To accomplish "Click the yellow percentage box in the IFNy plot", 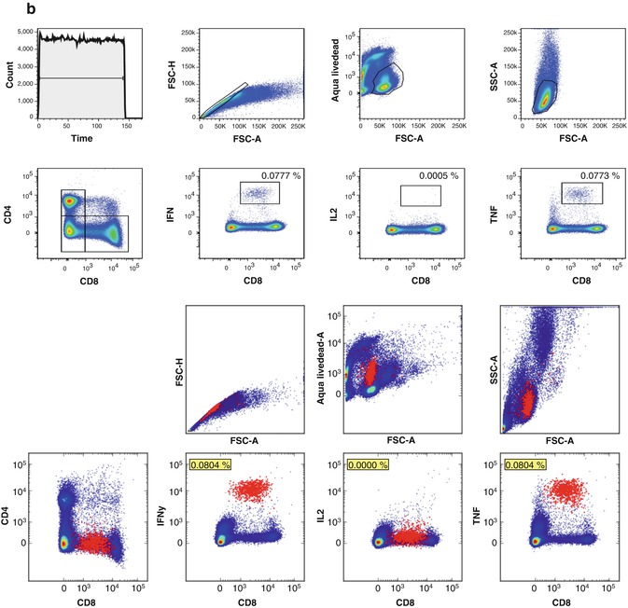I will pyautogui.click(x=209, y=464).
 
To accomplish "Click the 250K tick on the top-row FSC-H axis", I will pyautogui.click(x=190, y=33).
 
